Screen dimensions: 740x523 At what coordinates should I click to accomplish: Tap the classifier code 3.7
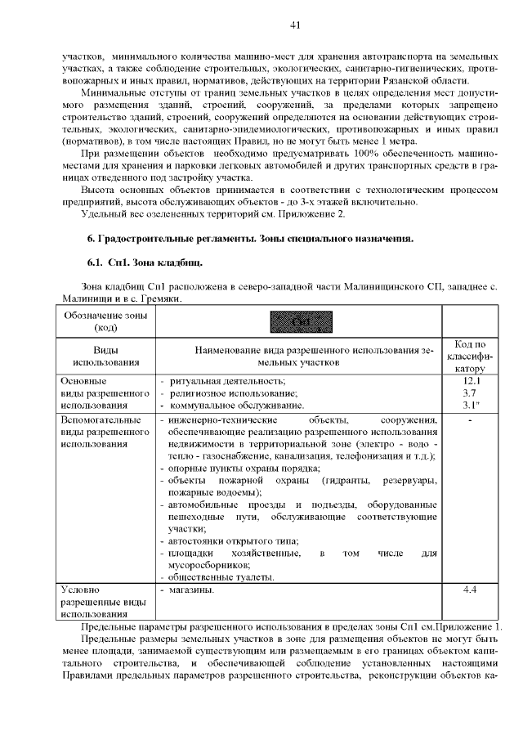(x=470, y=392)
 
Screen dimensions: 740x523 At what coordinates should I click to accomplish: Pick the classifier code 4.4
(x=470, y=589)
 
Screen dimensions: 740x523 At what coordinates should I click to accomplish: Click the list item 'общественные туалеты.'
(x=221, y=576)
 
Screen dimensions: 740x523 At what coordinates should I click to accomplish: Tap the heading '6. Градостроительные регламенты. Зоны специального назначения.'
(x=250, y=239)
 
